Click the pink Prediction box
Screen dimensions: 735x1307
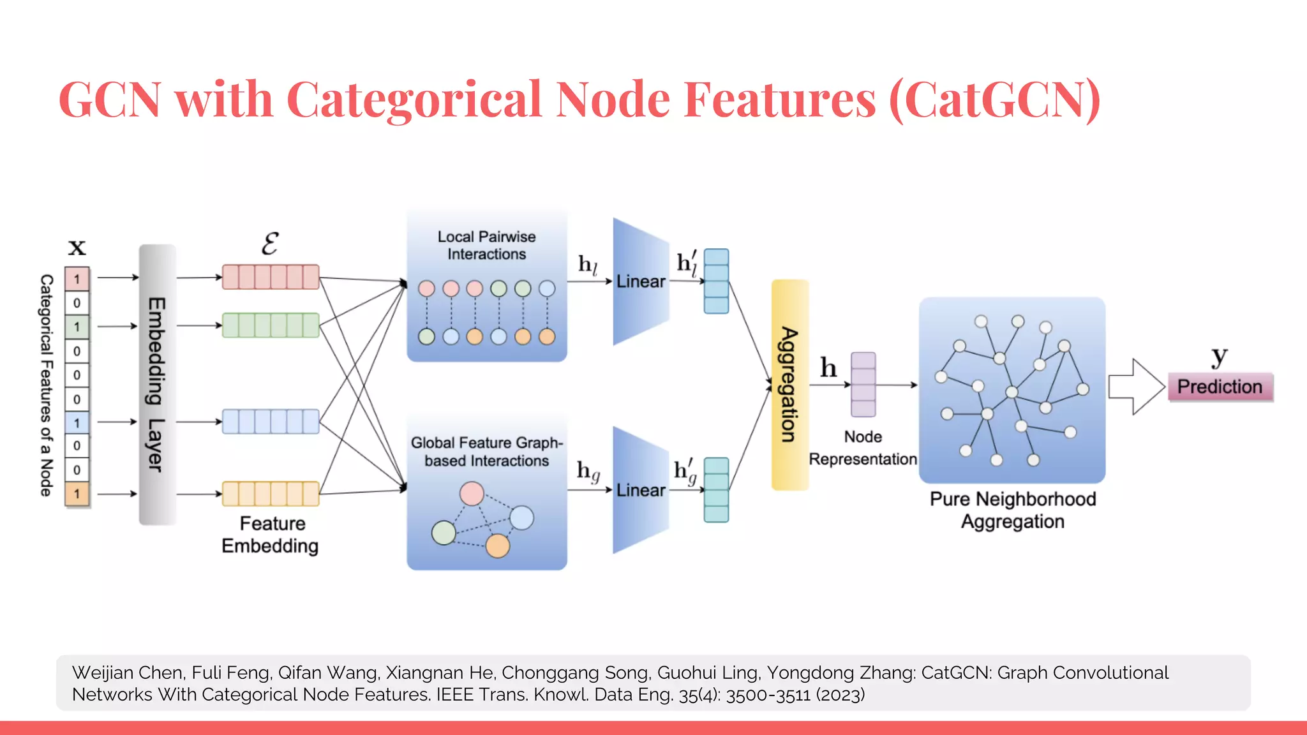(1220, 387)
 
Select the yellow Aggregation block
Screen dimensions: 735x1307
(789, 385)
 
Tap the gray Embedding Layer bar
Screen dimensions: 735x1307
(157, 385)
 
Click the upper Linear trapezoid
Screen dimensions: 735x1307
(640, 281)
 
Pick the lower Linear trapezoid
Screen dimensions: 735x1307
(640, 490)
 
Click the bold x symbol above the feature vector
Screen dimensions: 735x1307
(77, 246)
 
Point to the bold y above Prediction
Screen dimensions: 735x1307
(1219, 356)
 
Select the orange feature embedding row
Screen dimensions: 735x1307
(271, 494)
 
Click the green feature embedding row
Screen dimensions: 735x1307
(271, 325)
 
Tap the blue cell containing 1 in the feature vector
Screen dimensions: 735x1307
(77, 422)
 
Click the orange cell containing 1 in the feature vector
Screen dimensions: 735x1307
(77, 494)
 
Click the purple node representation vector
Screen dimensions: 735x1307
(863, 385)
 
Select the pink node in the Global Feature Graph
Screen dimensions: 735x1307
(472, 493)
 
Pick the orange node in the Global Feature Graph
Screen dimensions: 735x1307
(497, 546)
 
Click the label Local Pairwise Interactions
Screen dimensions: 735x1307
(486, 245)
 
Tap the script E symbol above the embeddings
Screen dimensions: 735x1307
(270, 244)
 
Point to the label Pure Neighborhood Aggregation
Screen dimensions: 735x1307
(1012, 510)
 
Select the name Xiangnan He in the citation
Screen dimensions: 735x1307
(440, 672)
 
